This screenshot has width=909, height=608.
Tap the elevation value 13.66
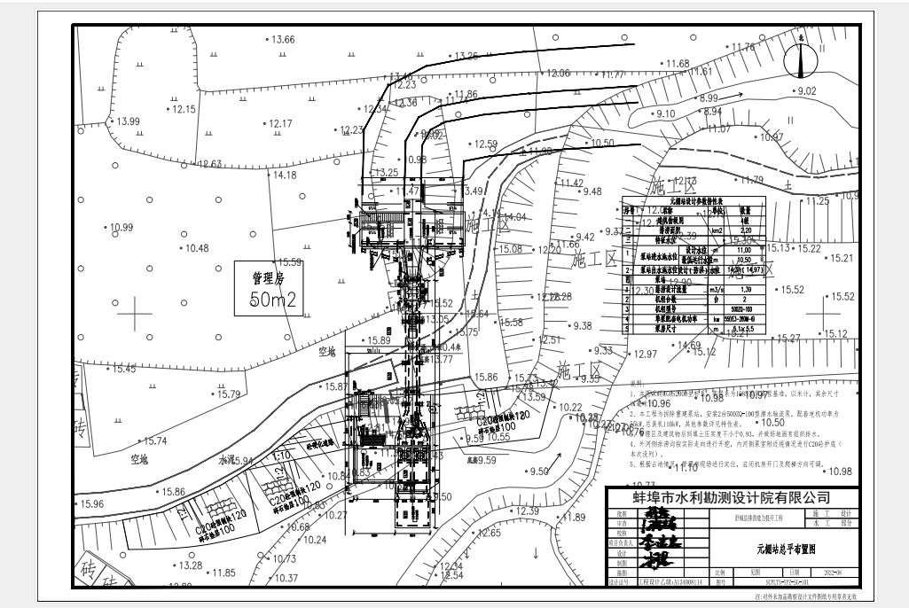click(283, 39)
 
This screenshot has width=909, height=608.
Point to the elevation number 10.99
click(121, 228)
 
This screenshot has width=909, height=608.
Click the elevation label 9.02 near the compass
click(806, 91)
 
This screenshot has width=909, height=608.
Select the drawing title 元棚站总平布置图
click(786, 549)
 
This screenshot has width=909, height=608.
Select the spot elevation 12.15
click(184, 109)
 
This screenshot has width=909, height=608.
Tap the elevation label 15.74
click(155, 440)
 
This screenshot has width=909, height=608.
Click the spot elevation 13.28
click(190, 565)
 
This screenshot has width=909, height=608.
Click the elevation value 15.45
click(123, 368)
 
